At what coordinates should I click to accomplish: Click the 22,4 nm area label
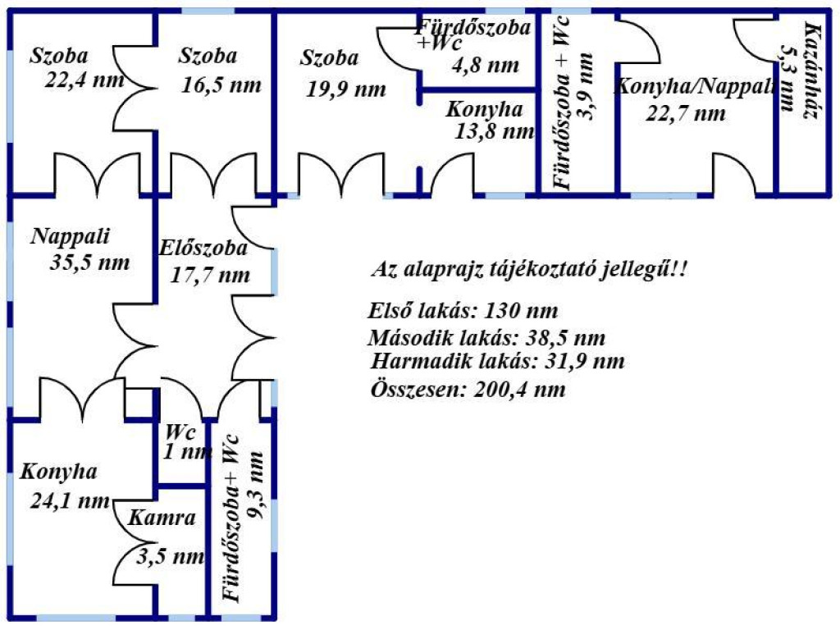click(x=85, y=80)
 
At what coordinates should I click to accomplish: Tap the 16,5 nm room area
click(x=221, y=84)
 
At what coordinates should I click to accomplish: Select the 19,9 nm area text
click(x=345, y=89)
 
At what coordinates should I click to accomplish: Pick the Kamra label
click(x=162, y=518)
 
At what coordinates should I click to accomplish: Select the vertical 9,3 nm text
click(x=257, y=492)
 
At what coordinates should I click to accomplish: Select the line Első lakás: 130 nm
click(x=463, y=312)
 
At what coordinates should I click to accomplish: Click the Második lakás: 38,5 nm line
click(x=487, y=338)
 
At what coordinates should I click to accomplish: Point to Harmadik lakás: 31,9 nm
click(x=498, y=362)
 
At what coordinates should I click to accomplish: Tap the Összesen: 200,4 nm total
click(x=468, y=389)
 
